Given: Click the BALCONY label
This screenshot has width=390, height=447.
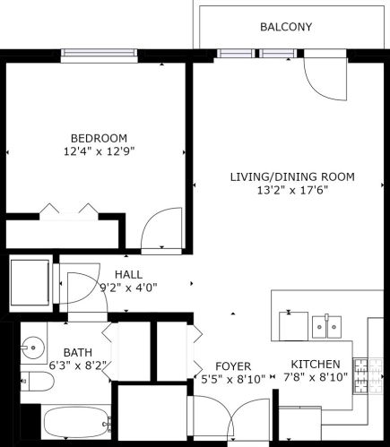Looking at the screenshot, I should [x=285, y=27].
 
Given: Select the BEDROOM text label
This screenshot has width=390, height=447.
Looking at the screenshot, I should [x=99, y=138].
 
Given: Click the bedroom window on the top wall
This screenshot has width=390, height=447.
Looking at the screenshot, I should [x=98, y=56].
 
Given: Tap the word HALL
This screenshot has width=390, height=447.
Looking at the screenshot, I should [x=128, y=274].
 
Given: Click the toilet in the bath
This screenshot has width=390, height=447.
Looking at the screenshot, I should [x=35, y=383].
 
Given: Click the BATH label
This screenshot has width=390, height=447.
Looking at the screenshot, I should [x=76, y=352].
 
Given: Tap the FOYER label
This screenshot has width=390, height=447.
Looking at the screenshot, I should [x=232, y=366].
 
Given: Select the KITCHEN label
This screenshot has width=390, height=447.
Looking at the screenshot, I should [x=315, y=365].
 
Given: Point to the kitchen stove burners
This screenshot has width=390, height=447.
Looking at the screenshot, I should [x=362, y=375].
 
